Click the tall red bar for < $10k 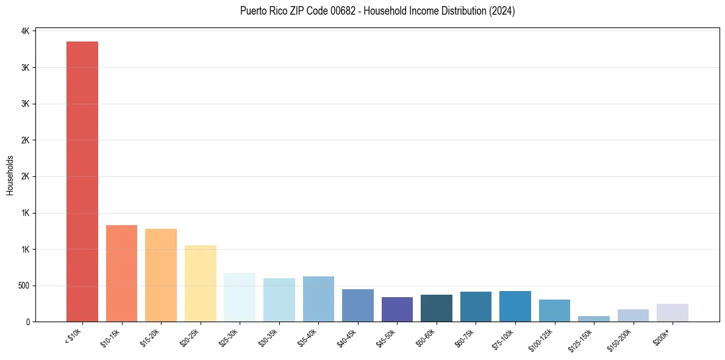(x=82, y=181)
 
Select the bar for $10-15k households (x=121, y=273)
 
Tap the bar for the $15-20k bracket (x=161, y=275)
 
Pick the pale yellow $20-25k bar (x=200, y=283)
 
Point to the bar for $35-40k (x=318, y=299)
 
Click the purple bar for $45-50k (x=397, y=309)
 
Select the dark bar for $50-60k (x=437, y=308)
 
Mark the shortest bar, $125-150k (x=594, y=319)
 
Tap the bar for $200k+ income (x=673, y=312)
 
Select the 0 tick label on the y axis (x=27, y=322)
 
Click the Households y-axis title (x=10, y=175)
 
